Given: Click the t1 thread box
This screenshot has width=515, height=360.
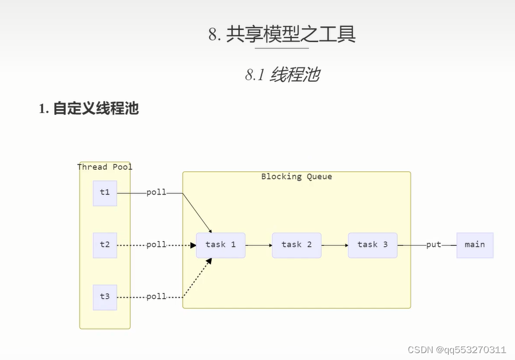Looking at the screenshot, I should click(x=104, y=193).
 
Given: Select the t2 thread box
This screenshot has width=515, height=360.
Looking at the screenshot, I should click(x=104, y=245).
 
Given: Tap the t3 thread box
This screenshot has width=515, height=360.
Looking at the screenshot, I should click(x=104, y=297).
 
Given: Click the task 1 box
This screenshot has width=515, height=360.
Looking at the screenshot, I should click(x=220, y=245).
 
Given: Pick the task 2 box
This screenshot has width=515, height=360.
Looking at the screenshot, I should click(x=296, y=245).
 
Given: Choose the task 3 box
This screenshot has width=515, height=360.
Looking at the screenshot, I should click(x=373, y=245).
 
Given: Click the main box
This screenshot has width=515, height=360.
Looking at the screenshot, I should click(x=475, y=245).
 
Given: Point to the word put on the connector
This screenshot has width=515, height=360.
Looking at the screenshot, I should click(x=434, y=245).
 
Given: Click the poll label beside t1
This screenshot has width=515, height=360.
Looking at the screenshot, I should click(x=156, y=192).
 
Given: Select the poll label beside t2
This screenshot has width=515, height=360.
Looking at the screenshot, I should click(x=156, y=245).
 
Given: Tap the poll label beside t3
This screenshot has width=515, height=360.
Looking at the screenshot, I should click(x=156, y=297).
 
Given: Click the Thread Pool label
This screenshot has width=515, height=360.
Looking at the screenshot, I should click(x=105, y=167).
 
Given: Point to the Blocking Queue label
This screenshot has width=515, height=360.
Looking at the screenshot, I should click(x=296, y=177).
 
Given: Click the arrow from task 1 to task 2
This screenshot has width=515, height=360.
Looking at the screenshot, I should click(x=259, y=245).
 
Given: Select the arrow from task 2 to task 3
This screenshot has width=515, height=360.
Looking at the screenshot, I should click(x=335, y=245).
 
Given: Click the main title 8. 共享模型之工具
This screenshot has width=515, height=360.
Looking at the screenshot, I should click(x=282, y=35).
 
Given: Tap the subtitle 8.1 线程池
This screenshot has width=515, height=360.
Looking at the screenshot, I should click(x=282, y=74).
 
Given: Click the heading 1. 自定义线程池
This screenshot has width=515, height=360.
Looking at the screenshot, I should click(x=89, y=108).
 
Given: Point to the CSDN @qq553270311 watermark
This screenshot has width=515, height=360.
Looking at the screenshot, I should click(x=457, y=350).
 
